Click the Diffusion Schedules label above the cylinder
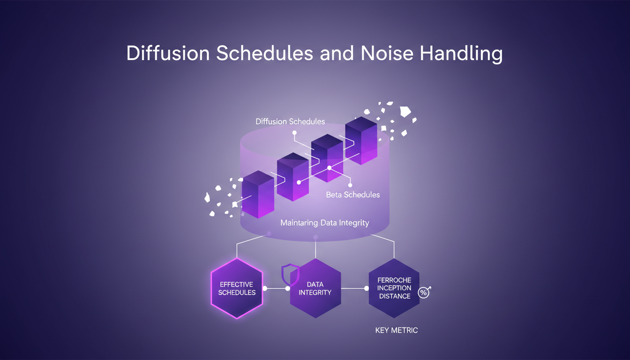[290, 121]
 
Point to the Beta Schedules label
[352, 195]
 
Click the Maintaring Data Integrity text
[324, 223]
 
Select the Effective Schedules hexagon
[237, 288]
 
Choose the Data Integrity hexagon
[315, 288]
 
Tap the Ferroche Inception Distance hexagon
[394, 288]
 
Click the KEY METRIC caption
[396, 330]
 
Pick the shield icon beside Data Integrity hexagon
[290, 274]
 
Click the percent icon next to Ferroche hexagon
[424, 292]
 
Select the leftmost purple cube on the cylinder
[258, 194]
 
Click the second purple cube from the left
[293, 177]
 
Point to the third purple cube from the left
[327, 157]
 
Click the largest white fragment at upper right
[405, 112]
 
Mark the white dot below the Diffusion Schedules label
[294, 133]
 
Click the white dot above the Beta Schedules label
[350, 185]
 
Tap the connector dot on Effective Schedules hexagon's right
[265, 288]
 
